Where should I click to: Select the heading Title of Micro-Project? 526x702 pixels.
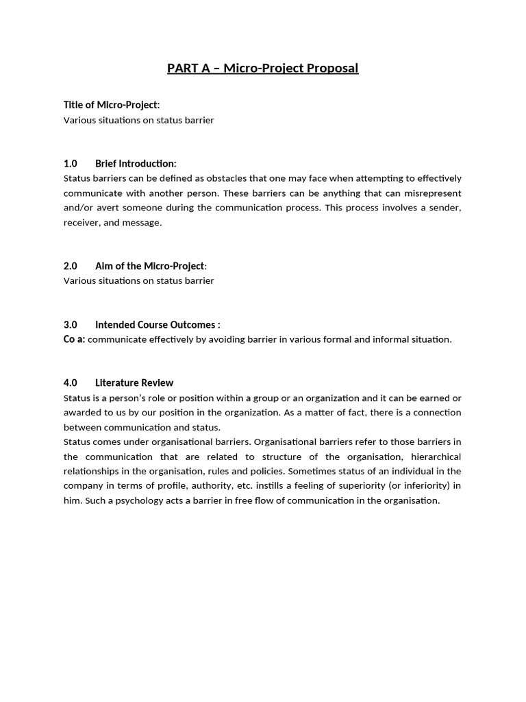pyautogui.click(x=111, y=105)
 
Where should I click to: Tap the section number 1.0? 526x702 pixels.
pyautogui.click(x=71, y=163)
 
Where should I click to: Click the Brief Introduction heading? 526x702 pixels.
pyautogui.click(x=136, y=163)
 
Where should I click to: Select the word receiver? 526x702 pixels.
pyautogui.click(x=81, y=223)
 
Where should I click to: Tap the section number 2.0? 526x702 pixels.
pyautogui.click(x=71, y=266)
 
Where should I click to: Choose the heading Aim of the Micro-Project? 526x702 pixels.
pyautogui.click(x=150, y=266)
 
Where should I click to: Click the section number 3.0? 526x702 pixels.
pyautogui.click(x=71, y=324)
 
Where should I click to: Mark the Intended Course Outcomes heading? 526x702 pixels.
pyautogui.click(x=157, y=324)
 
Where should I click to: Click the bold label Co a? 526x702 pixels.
pyautogui.click(x=74, y=339)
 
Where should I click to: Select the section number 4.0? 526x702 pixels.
pyautogui.click(x=71, y=383)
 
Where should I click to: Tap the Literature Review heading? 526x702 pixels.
pyautogui.click(x=134, y=383)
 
